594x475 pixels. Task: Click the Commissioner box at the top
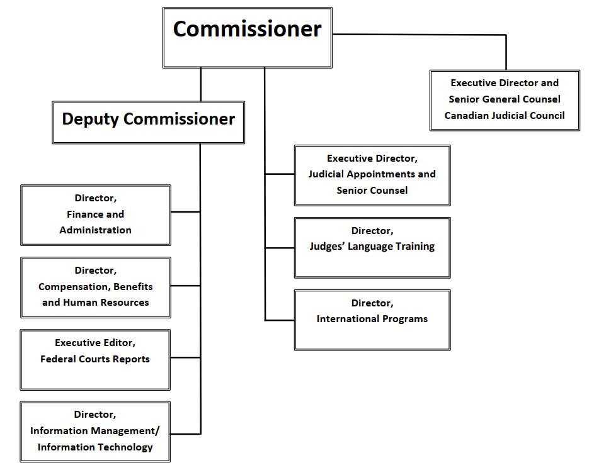247,38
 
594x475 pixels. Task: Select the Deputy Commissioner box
148,122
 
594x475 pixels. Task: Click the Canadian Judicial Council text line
505,115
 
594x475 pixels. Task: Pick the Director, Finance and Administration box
95,215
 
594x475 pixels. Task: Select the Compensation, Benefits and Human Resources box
95,287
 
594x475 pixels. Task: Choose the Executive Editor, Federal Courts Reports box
95,359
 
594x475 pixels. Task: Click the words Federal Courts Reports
95,359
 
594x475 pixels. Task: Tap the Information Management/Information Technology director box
95,432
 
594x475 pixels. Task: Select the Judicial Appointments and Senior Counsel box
372,175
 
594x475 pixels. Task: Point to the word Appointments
380,174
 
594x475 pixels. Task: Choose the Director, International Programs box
372,320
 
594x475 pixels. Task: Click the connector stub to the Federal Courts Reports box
185,357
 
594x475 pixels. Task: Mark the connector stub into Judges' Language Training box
279,247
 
